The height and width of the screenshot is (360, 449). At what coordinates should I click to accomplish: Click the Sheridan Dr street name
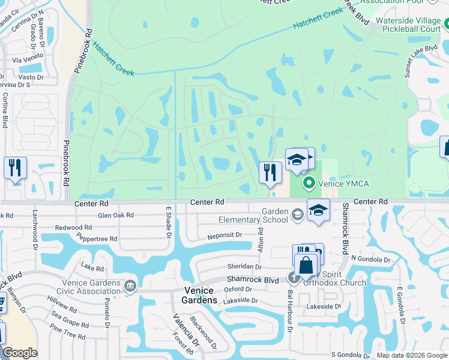tap(244, 266)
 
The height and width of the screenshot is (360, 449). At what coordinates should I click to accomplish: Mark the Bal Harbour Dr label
tap(289, 310)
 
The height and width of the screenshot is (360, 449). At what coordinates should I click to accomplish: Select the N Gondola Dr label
tap(370, 259)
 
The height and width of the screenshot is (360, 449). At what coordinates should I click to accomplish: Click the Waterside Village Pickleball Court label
tap(408, 25)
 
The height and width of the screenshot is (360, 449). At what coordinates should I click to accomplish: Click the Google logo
tap(20, 353)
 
